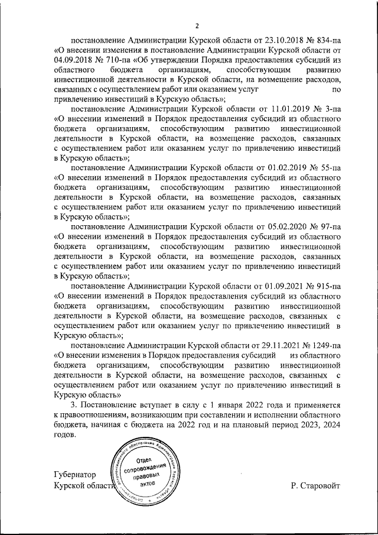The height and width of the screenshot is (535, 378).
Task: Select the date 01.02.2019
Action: click(x=282, y=168)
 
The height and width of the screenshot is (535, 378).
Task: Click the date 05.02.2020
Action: click(x=282, y=226)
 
